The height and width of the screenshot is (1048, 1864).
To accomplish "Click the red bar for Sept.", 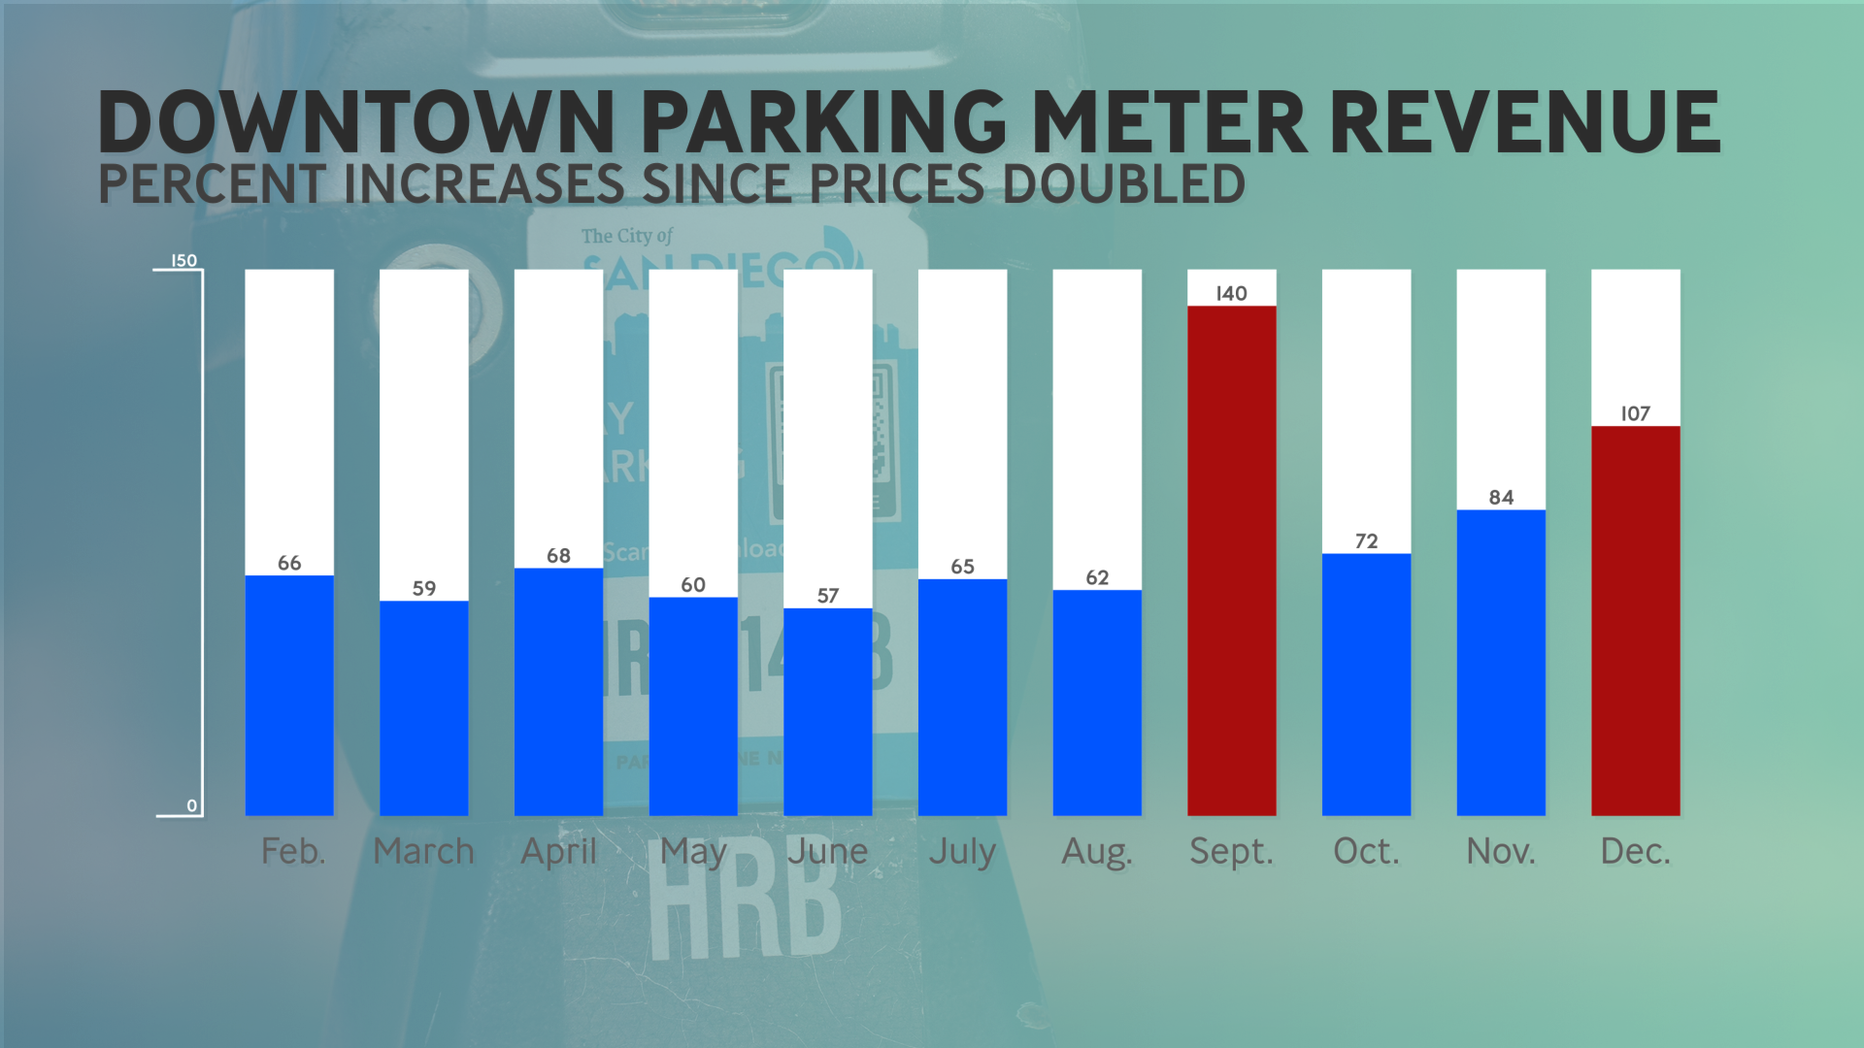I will [1231, 561].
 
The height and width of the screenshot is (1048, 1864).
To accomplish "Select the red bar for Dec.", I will [1635, 621].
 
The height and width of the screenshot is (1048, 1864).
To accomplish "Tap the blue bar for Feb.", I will [289, 695].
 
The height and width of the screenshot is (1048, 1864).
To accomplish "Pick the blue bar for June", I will [827, 711].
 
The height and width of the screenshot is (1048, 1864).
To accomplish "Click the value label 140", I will [1231, 293].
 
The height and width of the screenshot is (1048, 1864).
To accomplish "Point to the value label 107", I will [1635, 413].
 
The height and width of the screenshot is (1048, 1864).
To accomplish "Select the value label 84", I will [1501, 498].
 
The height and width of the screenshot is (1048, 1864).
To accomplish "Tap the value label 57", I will [827, 596].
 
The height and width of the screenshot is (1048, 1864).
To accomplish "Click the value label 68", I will [558, 556].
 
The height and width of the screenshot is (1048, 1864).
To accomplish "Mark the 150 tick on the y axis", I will [183, 261].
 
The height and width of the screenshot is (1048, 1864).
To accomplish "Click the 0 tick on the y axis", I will [191, 806].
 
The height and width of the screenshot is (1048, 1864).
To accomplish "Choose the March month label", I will [423, 852].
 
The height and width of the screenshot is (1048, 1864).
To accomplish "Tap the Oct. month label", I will [1366, 852].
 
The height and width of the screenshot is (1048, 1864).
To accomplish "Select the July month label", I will [962, 852].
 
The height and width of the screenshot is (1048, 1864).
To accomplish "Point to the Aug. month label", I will [1097, 852].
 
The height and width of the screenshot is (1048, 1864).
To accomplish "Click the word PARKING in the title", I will [824, 123].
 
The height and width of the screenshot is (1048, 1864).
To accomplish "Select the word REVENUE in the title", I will [1524, 123].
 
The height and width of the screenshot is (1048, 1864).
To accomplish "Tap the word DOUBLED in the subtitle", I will [1123, 184].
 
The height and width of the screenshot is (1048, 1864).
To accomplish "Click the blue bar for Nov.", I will [1501, 662].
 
